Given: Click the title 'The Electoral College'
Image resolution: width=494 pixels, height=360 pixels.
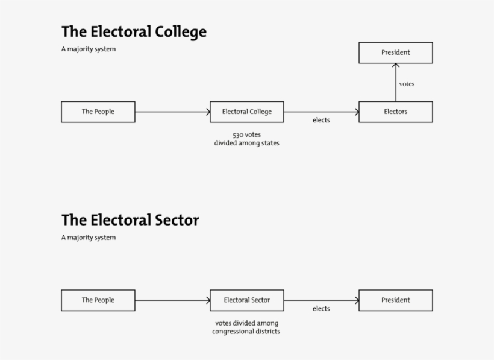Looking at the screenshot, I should (x=134, y=31).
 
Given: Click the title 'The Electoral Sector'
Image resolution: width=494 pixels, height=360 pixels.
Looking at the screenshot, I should (x=130, y=220).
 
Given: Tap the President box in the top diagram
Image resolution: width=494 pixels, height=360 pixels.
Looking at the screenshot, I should (x=395, y=52).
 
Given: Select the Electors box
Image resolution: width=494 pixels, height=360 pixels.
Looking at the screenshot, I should (x=395, y=112).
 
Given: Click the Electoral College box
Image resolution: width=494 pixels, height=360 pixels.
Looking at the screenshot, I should (x=246, y=112).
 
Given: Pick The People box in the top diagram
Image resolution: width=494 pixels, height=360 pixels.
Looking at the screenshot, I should (x=98, y=112).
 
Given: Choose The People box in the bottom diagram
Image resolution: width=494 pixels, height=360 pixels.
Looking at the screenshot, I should (x=98, y=300).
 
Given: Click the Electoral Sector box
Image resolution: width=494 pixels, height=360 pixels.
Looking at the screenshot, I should (x=246, y=300).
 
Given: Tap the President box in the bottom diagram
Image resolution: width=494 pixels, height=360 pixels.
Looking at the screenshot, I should (x=395, y=300).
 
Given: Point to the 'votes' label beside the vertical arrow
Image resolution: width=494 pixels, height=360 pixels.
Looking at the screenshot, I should (x=407, y=84).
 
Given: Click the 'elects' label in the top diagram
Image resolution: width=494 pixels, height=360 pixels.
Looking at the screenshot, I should (x=321, y=120).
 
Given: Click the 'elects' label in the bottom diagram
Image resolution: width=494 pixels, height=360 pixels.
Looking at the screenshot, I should (x=321, y=309).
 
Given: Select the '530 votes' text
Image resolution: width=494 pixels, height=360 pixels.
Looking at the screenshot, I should (x=246, y=134).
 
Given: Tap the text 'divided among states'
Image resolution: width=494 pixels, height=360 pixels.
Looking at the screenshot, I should (x=246, y=144).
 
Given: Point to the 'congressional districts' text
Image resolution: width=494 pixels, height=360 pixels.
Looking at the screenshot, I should (x=246, y=332).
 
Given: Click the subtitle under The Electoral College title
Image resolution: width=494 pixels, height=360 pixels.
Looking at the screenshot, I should (x=88, y=49).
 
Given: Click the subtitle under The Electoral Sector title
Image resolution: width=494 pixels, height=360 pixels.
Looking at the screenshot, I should (x=88, y=238).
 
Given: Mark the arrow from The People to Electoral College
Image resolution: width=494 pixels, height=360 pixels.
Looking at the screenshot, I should (x=172, y=112).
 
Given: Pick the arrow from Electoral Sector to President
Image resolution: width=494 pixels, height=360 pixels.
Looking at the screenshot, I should (x=321, y=300).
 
